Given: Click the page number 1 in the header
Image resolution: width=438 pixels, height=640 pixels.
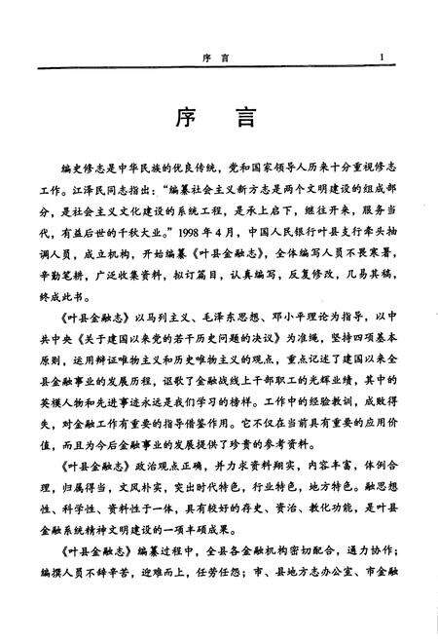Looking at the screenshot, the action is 386,57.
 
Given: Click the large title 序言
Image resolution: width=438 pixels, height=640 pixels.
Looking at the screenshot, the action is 219,120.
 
